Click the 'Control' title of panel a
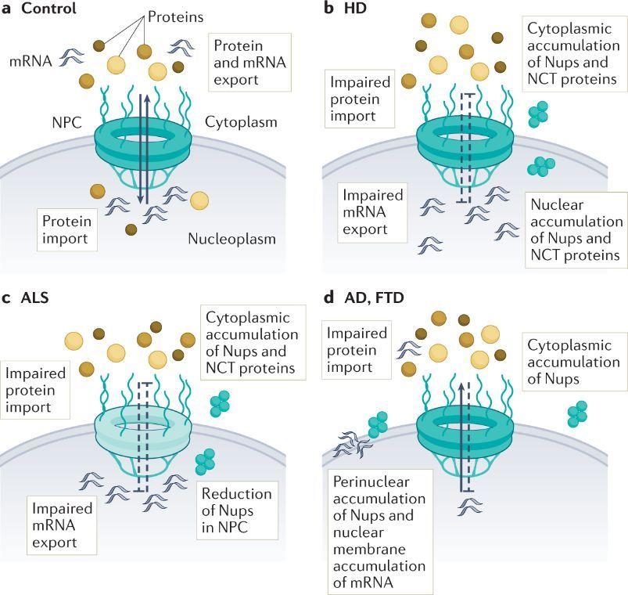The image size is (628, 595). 48,9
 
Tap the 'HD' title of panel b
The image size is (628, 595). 355,9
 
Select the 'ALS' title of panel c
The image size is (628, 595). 35,298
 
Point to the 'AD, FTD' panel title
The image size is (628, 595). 374,298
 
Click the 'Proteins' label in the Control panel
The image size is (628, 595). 175,17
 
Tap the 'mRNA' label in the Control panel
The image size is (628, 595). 31,61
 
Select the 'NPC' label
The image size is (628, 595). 67,122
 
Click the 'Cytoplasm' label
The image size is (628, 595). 241,122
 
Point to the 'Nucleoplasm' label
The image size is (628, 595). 232,239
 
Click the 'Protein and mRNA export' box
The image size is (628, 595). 249,63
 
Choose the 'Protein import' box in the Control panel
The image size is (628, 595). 67,229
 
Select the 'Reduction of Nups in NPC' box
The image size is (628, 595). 237,510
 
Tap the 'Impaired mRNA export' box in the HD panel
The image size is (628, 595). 372,212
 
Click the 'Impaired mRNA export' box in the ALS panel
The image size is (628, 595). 62,525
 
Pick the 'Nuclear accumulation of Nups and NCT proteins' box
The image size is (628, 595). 576,229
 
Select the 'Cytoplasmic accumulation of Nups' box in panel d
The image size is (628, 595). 574,362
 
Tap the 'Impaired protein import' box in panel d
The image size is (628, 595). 357,350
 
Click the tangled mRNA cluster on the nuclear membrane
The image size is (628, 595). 353,444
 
